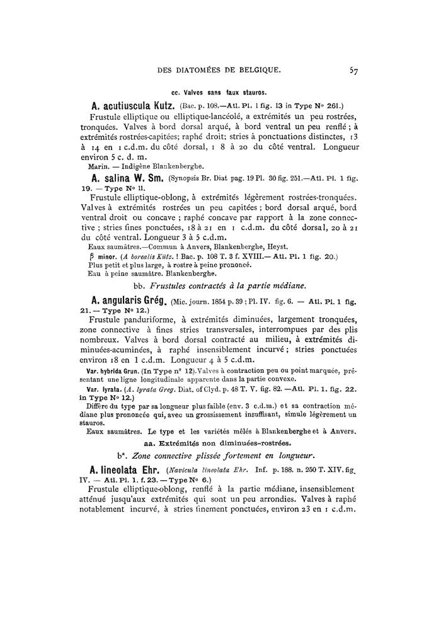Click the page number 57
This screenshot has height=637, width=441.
point(354,71)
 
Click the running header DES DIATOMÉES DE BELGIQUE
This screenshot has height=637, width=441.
point(219,71)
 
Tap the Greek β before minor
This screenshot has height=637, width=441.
point(86,256)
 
